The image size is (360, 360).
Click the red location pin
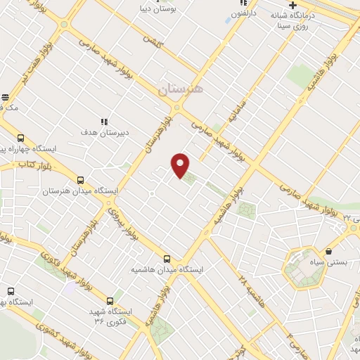pyautogui.click(x=181, y=165)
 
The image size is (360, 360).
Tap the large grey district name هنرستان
pyautogui.click(x=180, y=89)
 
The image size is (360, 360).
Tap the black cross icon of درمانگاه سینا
pyautogui.click(x=292, y=5)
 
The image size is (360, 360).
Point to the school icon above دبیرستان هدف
pyautogui.click(x=103, y=121)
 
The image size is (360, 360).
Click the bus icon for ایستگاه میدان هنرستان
pyautogui.click(x=80, y=181)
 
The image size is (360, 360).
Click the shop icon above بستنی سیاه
pyautogui.click(x=328, y=251)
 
